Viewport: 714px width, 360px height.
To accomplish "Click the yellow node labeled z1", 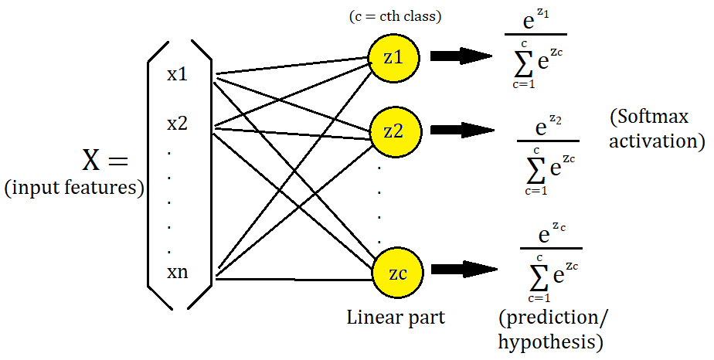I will (x=393, y=56).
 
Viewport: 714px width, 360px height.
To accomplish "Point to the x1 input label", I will (x=177, y=74).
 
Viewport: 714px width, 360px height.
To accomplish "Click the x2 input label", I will (x=177, y=123).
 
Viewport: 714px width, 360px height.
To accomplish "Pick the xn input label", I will (x=177, y=272).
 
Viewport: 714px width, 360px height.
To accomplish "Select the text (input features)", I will (x=74, y=188).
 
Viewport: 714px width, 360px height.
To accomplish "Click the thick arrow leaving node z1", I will (x=462, y=56).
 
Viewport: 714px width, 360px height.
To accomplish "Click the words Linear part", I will (x=395, y=317).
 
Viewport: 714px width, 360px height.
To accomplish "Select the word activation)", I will (x=656, y=141).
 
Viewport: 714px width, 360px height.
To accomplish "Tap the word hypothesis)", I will (x=551, y=341).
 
